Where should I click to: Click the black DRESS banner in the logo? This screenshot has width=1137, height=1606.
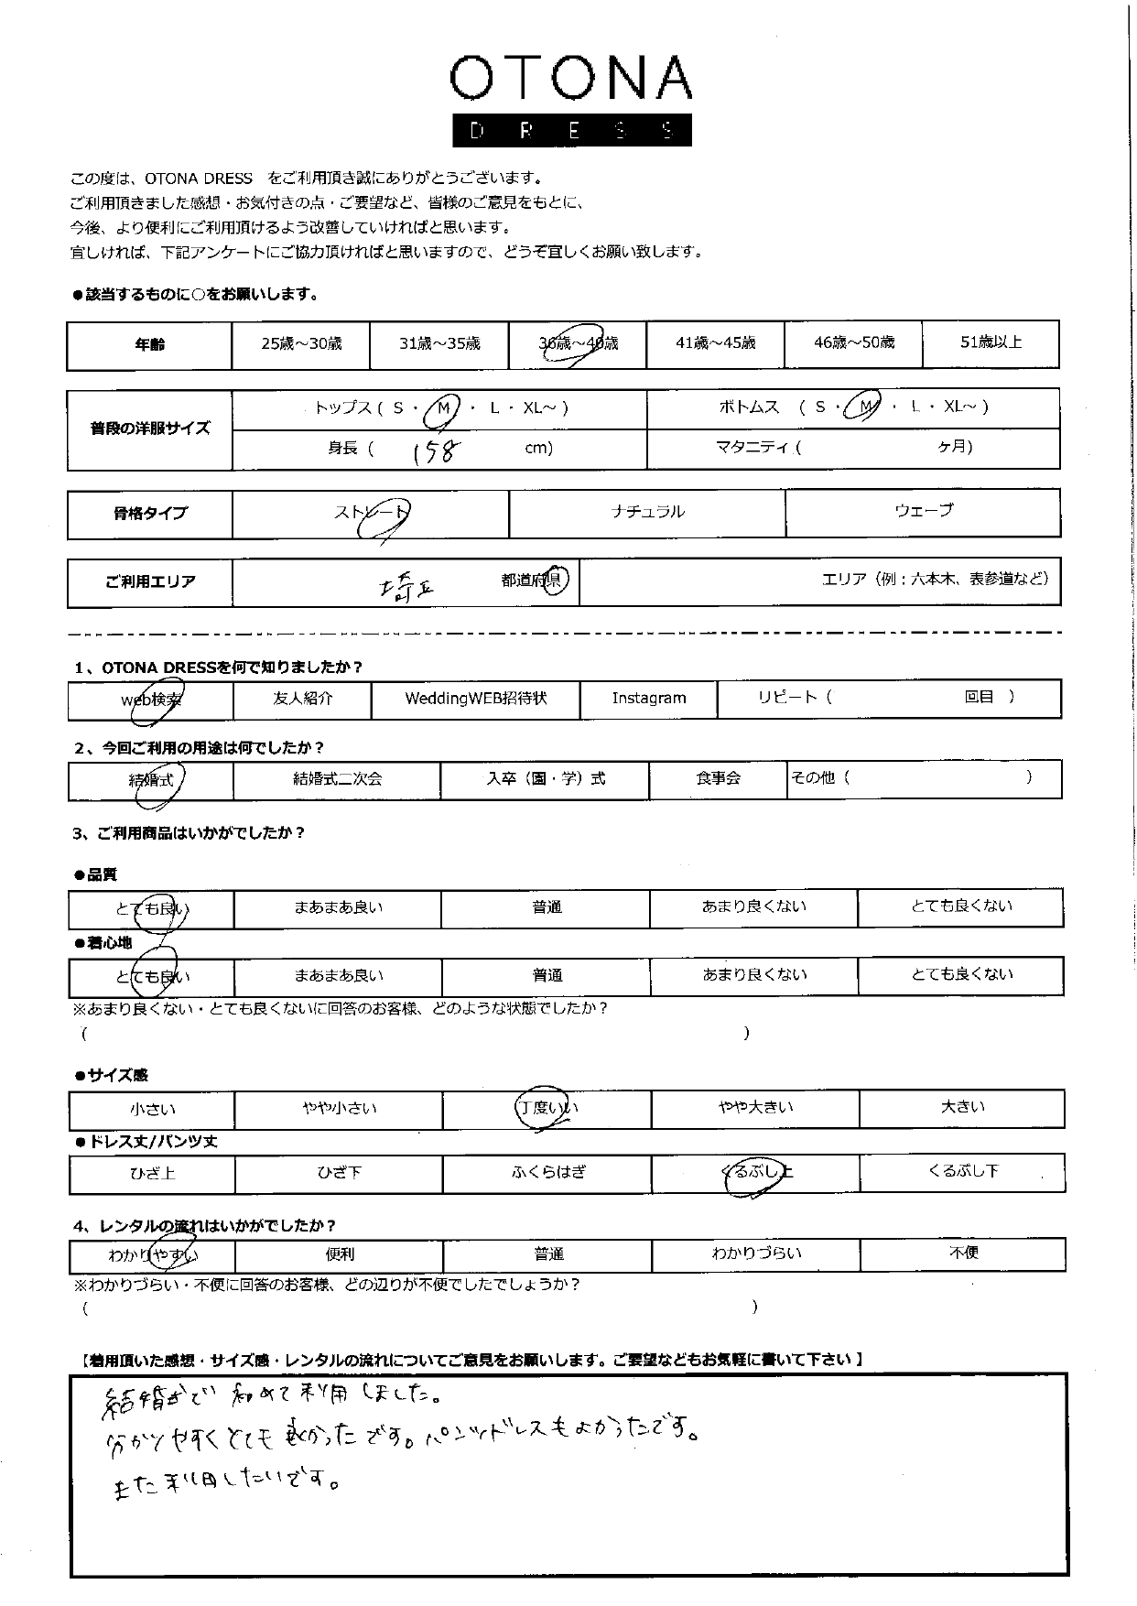click(571, 130)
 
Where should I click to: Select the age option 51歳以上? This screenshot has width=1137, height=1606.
click(991, 343)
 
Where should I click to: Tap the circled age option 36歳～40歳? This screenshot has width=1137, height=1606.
click(578, 344)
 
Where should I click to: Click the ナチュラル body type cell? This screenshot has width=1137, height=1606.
click(647, 513)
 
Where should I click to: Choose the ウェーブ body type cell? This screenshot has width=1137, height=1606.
click(923, 512)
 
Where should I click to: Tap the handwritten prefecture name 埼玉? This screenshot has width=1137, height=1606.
click(406, 583)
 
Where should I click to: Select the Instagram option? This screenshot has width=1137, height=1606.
click(648, 699)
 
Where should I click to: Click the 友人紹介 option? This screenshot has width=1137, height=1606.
click(303, 699)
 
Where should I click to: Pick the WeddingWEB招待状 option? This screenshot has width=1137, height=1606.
click(475, 699)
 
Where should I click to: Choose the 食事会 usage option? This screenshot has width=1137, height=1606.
click(718, 779)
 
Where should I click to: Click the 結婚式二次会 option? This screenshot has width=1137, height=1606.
click(337, 780)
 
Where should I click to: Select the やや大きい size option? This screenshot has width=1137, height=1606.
click(755, 1109)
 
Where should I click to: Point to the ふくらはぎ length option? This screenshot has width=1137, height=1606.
click(547, 1173)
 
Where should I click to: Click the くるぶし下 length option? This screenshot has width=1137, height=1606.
click(962, 1172)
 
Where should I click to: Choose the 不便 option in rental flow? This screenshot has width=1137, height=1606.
click(962, 1253)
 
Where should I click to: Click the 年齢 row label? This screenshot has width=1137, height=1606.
click(149, 345)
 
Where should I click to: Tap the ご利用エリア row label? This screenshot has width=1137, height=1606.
click(149, 582)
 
